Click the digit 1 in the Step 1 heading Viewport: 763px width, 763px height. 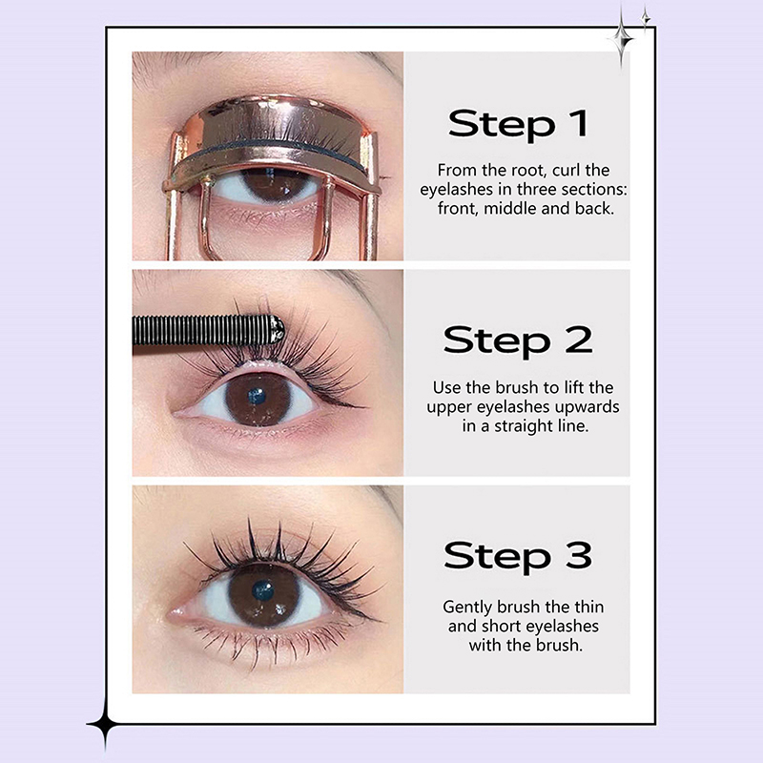click(x=579, y=124)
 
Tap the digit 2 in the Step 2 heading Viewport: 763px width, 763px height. click(x=579, y=340)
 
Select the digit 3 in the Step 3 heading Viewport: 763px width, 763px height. click(x=579, y=556)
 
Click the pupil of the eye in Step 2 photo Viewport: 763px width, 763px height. click(x=257, y=396)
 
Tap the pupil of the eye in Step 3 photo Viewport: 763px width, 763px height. click(x=263, y=590)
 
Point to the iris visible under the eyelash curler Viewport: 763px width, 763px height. click(x=275, y=185)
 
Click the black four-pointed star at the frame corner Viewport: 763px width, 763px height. click(x=105, y=725)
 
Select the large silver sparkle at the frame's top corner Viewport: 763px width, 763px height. click(x=622, y=36)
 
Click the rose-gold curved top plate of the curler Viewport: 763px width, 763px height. click(x=273, y=124)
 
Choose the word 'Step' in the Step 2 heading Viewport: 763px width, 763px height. click(x=497, y=341)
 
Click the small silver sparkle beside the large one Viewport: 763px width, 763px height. click(x=646, y=18)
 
